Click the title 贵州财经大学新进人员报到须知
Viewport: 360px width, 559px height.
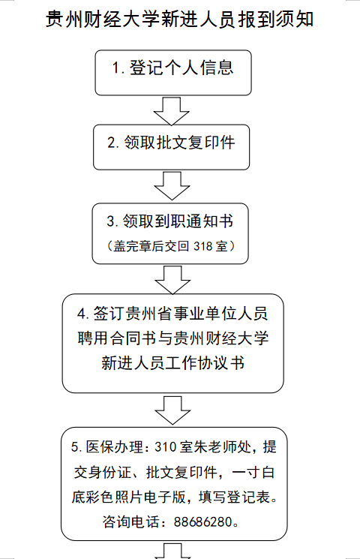click(180, 19)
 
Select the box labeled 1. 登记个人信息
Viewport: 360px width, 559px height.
click(173, 73)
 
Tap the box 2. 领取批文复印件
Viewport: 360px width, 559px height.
click(172, 147)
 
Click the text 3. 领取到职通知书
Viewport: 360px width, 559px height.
click(170, 221)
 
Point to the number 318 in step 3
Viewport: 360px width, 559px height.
click(203, 246)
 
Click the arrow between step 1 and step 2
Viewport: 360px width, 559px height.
click(172, 111)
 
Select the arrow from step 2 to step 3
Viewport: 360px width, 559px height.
click(172, 186)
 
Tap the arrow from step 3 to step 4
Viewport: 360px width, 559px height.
click(172, 280)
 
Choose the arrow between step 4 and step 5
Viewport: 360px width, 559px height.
click(172, 410)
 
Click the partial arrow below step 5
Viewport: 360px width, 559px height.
click(172, 551)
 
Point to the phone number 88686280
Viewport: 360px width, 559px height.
click(202, 522)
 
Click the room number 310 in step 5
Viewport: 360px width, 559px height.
click(166, 446)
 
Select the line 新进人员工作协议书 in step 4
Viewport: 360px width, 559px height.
click(173, 363)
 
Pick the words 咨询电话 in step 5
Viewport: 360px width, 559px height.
click(130, 522)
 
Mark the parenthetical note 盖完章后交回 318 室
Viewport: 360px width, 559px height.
click(170, 246)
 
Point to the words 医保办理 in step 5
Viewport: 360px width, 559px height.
click(115, 446)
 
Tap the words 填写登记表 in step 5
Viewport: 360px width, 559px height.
click(234, 497)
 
